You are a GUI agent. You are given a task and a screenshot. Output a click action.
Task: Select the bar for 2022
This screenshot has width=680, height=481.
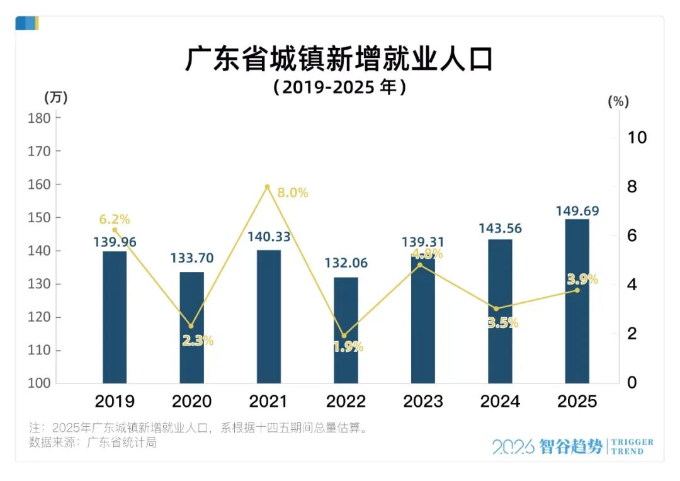[346, 330]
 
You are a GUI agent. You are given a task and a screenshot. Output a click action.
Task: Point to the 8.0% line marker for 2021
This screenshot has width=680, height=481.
[267, 187]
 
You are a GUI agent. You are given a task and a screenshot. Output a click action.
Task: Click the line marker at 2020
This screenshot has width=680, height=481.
[191, 326]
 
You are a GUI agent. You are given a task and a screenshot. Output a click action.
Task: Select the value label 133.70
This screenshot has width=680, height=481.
[192, 257]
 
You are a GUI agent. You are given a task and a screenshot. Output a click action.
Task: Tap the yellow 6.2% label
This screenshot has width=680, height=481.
[115, 220]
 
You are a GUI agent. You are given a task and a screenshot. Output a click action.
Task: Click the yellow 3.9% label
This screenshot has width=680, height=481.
[582, 280]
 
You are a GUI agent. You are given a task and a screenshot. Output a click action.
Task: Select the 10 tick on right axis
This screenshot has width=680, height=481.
[637, 137]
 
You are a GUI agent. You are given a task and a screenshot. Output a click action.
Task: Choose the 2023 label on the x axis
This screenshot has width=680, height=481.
[423, 401]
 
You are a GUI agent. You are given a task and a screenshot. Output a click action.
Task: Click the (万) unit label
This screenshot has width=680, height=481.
[55, 98]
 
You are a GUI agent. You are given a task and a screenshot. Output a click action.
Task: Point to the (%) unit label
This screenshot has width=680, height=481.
[618, 101]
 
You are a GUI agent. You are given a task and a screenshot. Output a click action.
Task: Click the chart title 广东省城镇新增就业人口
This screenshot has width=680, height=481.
[339, 59]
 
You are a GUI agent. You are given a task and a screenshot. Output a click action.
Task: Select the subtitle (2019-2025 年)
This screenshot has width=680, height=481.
[339, 87]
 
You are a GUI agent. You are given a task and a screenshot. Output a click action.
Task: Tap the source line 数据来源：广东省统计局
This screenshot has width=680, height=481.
[93, 442]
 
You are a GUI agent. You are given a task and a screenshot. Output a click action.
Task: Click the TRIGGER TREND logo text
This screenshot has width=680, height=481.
[632, 446]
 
